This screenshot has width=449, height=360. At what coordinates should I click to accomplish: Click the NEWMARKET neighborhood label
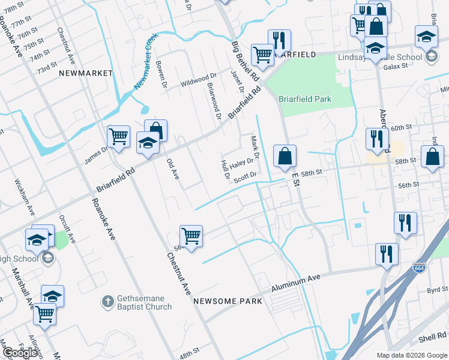(x=86, y=73)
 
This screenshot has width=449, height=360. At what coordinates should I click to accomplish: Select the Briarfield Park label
(x=305, y=99)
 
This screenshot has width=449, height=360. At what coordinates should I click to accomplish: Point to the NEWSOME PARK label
(x=228, y=301)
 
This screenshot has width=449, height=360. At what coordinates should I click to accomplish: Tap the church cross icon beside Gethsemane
(x=107, y=302)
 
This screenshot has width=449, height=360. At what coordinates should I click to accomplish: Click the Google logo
(x=20, y=352)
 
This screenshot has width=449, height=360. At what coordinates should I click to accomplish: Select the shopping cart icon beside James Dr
(x=119, y=136)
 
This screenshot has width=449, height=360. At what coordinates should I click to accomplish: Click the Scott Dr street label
(x=246, y=176)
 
